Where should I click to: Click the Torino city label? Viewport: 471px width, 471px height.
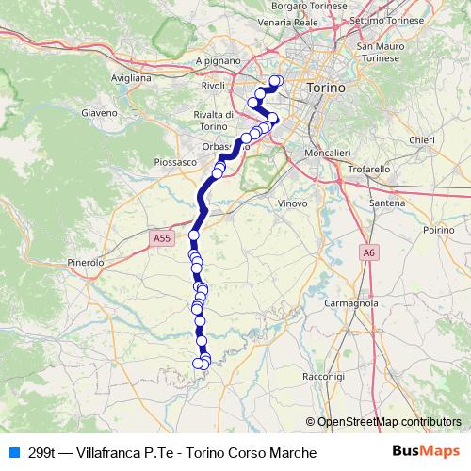[327, 87]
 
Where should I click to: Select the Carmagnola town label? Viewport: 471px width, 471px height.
[350, 303]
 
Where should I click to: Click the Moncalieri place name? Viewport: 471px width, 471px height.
[328, 152]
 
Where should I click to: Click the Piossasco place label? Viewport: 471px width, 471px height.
[174, 161]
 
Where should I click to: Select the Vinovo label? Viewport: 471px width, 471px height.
[293, 202]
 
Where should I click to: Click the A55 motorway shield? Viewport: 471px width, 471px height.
[163, 239]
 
